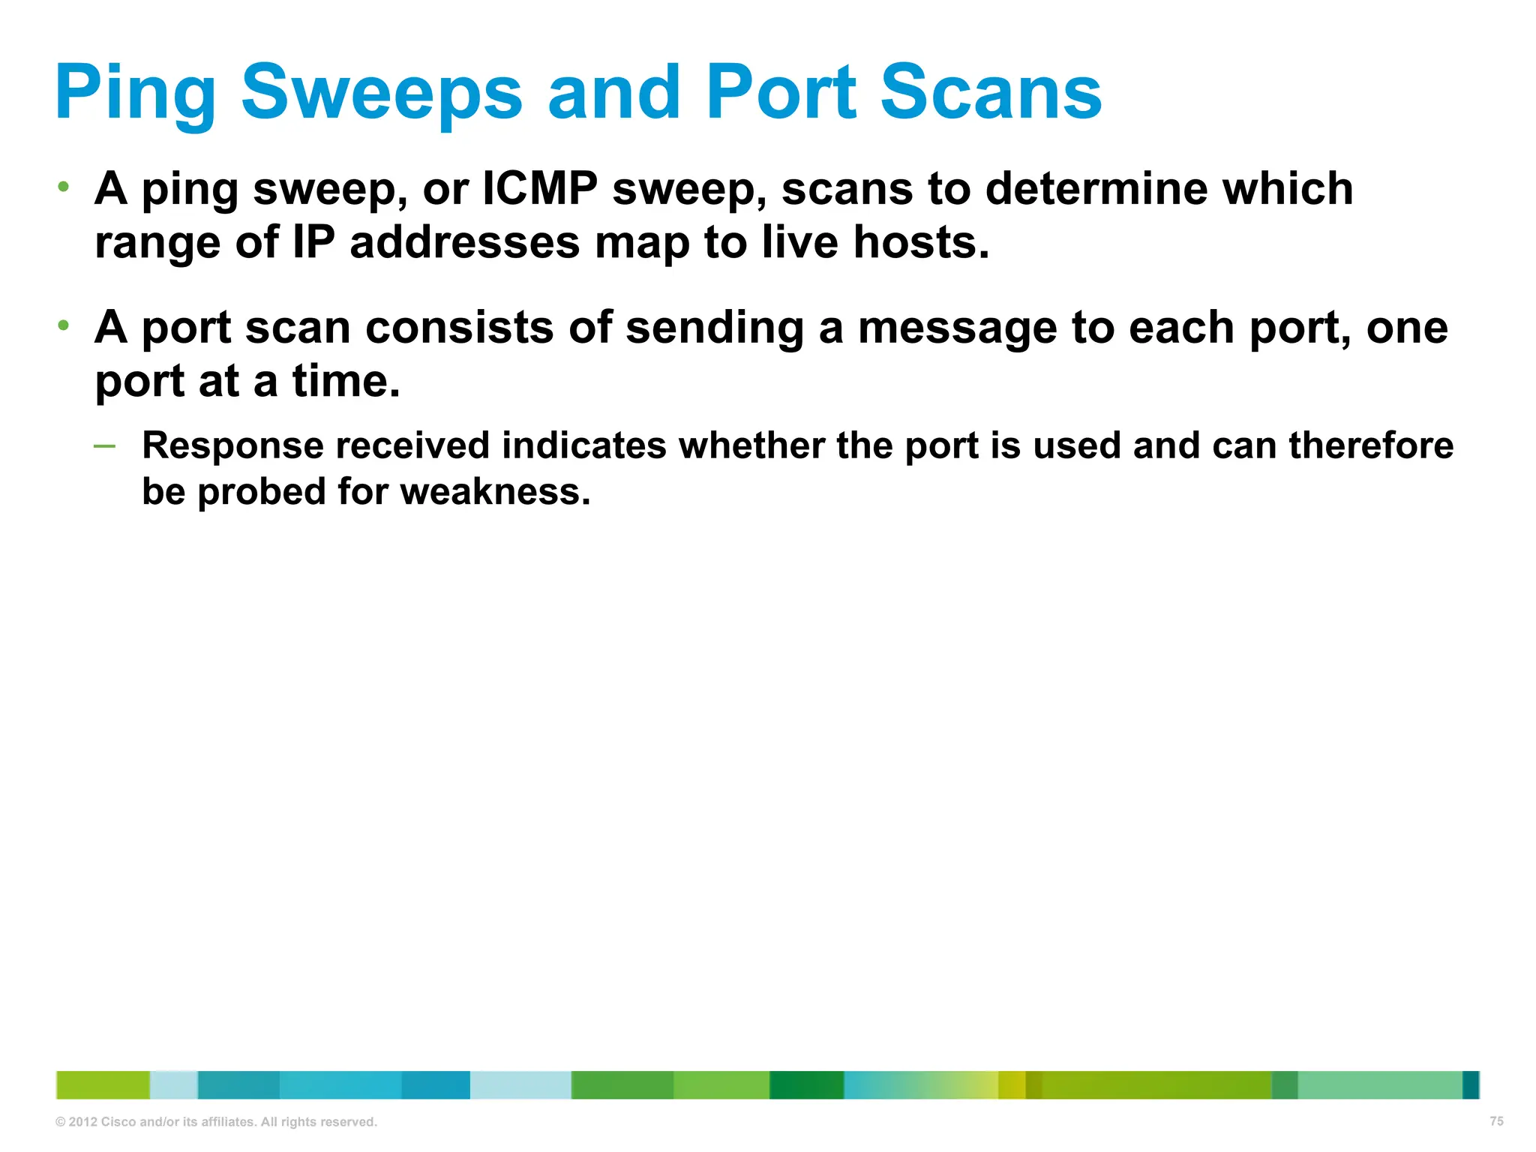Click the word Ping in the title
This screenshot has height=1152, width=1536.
[135, 94]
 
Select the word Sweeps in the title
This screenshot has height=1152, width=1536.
[381, 94]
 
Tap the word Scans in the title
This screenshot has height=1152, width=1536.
[990, 94]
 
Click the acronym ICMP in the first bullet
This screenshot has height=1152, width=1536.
[539, 188]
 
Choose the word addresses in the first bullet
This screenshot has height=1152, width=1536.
[464, 243]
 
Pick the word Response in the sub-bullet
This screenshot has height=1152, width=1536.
[233, 445]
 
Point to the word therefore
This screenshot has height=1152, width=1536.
[1371, 445]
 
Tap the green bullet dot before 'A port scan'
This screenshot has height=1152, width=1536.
[64, 325]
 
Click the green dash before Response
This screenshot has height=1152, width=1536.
[105, 446]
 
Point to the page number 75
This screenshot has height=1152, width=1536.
[1496, 1121]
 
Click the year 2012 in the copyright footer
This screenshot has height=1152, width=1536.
[82, 1122]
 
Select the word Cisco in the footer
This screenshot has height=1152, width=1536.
[118, 1122]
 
